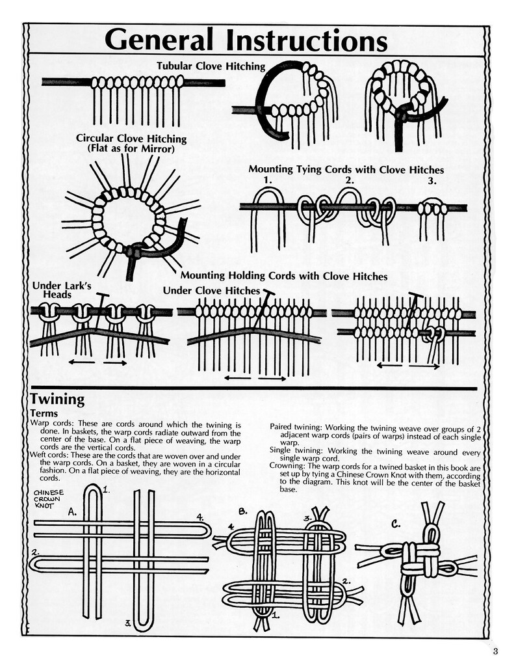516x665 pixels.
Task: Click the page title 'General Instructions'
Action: [246, 40]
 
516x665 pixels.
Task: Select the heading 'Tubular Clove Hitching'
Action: [211, 66]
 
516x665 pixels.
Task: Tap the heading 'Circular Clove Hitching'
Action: [131, 139]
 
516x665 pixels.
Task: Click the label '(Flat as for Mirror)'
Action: [131, 149]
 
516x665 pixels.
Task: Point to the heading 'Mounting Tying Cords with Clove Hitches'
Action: [346, 170]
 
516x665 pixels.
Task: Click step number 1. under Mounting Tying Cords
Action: [268, 181]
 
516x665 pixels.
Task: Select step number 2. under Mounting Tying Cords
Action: [350, 180]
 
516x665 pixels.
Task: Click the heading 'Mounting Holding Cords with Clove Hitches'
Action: [284, 277]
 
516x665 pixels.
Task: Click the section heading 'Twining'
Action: [57, 400]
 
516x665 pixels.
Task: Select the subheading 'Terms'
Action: [44, 413]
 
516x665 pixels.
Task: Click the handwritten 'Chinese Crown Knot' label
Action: [49, 498]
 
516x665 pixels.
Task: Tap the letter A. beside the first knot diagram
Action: [73, 512]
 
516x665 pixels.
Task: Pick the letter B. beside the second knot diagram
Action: [244, 511]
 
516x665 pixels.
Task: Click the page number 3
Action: [495, 651]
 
